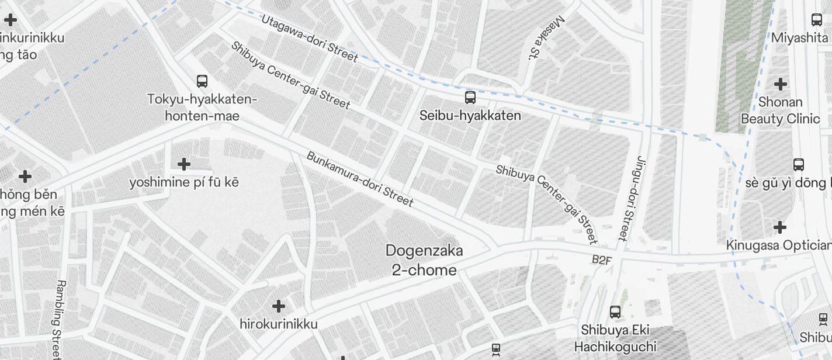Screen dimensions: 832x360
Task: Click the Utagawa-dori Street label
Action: pyautogui.click(x=309, y=38)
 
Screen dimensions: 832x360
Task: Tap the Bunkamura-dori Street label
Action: pyautogui.click(x=359, y=179)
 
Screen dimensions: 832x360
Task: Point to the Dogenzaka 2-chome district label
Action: pyautogui.click(x=424, y=261)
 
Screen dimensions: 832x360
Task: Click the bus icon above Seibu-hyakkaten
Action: pyautogui.click(x=470, y=97)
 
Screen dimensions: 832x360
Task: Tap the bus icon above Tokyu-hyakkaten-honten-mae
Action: pyautogui.click(x=202, y=81)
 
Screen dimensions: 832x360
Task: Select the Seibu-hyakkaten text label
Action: pyautogui.click(x=470, y=116)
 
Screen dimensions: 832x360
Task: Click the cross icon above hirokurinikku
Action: pyautogui.click(x=279, y=306)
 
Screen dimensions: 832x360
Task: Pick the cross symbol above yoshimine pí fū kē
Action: pyautogui.click(x=184, y=164)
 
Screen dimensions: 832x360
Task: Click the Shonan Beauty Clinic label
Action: pyautogui.click(x=780, y=110)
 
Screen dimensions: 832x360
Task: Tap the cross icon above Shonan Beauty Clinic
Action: pyautogui.click(x=780, y=84)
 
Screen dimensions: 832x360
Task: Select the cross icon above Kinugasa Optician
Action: pyautogui.click(x=779, y=227)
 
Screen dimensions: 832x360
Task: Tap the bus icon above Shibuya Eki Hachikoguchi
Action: pyautogui.click(x=615, y=312)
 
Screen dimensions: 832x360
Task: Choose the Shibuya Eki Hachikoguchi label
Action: pyautogui.click(x=615, y=338)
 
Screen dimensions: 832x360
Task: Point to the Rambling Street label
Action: pyautogui.click(x=58, y=319)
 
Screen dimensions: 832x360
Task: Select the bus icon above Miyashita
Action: pyautogui.click(x=817, y=20)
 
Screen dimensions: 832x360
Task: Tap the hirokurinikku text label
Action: pyautogui.click(x=279, y=324)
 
